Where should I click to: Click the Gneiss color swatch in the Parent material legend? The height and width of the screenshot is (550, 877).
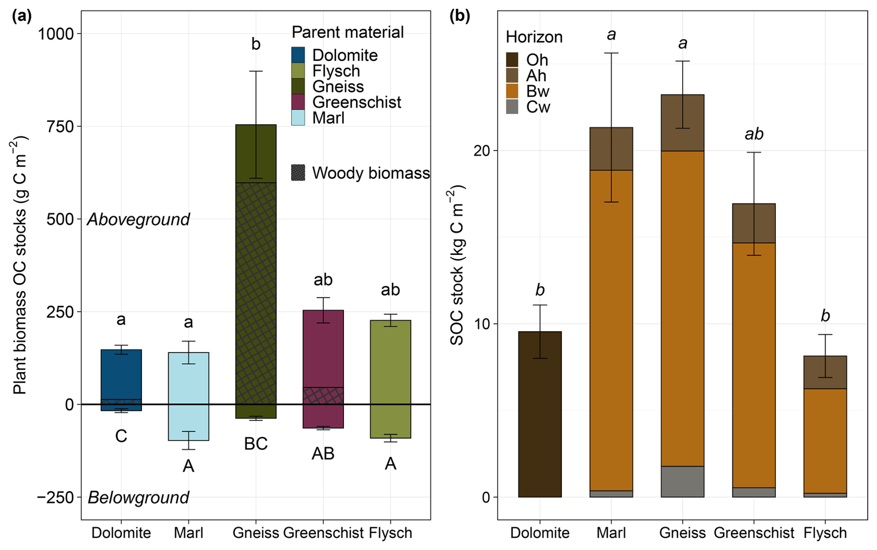298,87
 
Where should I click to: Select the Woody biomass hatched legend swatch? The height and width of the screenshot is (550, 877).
298,173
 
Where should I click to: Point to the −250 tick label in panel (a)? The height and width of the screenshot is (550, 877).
56,498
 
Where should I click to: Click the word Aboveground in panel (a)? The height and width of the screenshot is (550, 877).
138,219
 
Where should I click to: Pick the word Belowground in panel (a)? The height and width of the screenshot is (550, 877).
138,498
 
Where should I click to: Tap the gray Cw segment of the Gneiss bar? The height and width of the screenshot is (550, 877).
682,481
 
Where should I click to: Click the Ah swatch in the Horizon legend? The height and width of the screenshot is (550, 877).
512,76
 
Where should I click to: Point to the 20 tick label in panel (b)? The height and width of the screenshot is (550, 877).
482,151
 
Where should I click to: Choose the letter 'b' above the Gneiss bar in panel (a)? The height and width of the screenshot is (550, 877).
256,44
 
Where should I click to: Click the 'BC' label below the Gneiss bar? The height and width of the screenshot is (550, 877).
256,444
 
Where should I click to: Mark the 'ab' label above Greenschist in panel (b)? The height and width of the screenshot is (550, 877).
754,134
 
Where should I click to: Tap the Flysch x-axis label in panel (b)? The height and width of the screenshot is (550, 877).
825,533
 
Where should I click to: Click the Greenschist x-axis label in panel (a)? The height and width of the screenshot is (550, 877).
323,533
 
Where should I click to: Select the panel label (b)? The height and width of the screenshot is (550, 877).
460,16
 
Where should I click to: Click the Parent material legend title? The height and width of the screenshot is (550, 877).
348,32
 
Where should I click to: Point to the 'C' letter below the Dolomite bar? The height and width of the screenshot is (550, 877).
121,436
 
